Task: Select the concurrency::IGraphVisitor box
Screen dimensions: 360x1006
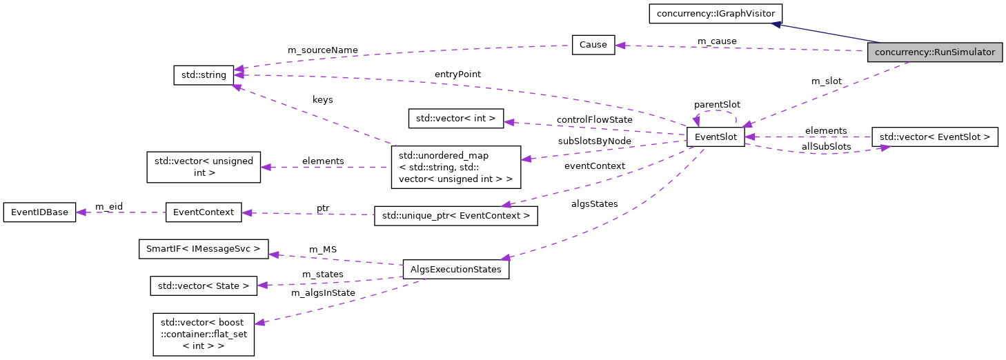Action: [x=716, y=13]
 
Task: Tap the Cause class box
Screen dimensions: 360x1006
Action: [x=593, y=45]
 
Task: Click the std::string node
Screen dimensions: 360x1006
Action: [x=204, y=75]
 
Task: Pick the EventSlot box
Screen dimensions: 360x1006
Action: [x=715, y=137]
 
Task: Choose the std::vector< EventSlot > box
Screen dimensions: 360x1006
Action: [x=934, y=137]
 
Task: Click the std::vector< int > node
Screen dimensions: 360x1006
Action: [x=456, y=119]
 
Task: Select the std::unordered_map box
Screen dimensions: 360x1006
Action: [x=455, y=166]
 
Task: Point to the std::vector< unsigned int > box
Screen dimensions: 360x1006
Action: [x=204, y=167]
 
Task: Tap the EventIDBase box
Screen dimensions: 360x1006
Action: [x=39, y=212]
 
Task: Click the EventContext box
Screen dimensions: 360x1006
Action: [x=204, y=212]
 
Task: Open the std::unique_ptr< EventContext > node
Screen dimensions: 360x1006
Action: [x=455, y=216]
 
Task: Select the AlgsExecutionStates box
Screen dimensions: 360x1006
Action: [x=455, y=269]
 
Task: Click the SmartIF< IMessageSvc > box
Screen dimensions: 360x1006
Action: [x=204, y=248]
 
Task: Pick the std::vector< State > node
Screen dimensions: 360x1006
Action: [x=204, y=285]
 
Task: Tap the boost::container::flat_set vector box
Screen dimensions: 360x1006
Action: [x=204, y=334]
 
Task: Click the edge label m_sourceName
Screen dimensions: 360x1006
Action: [x=322, y=50]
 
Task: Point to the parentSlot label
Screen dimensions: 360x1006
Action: [x=717, y=105]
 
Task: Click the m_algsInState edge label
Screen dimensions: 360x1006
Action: [x=323, y=293]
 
